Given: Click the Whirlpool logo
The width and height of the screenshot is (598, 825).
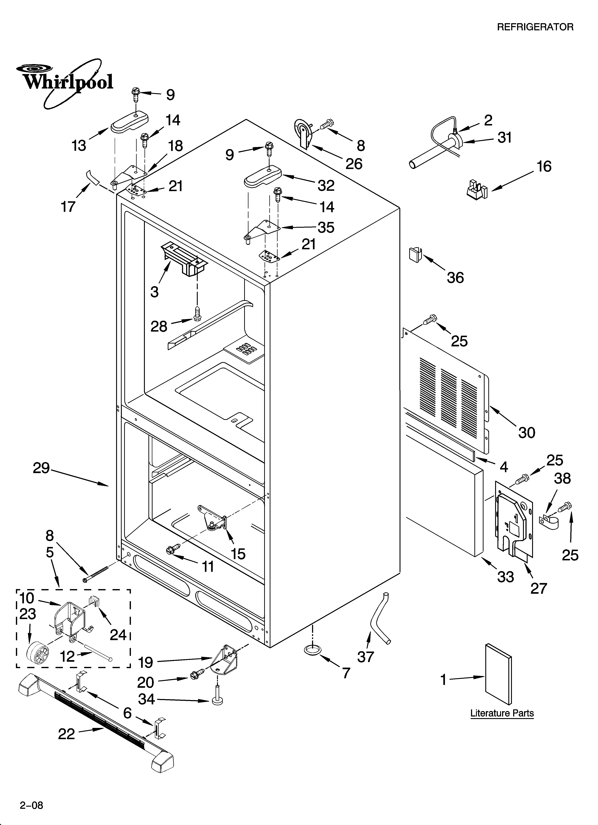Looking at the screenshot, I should [67, 82].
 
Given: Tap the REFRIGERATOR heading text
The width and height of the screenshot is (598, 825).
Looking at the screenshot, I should [535, 27].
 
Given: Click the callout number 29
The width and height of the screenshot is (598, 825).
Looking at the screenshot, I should [41, 468].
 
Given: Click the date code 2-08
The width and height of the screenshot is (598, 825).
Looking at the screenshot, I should [31, 792].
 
